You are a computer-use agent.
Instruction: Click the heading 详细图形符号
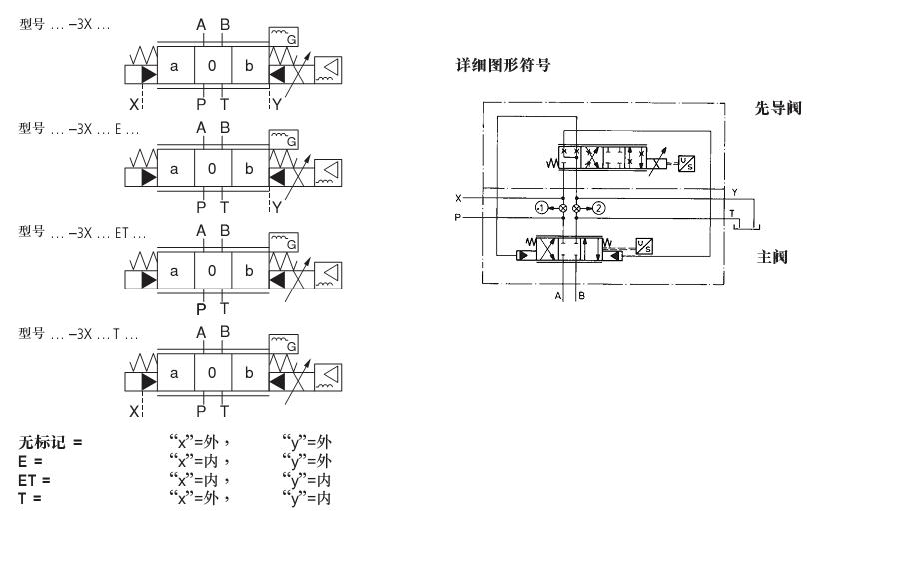pos(503,66)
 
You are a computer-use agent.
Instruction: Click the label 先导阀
pos(778,108)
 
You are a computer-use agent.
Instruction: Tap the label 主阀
pos(773,257)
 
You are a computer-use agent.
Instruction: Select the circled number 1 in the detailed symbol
pos(541,208)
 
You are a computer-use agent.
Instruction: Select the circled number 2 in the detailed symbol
pos(598,208)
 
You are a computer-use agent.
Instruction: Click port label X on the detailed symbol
pos(458,198)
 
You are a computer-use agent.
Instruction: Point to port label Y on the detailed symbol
pos(734,191)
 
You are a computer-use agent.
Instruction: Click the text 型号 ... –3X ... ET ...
pos(82,233)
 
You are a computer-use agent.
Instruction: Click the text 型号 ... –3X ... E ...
pos(79,129)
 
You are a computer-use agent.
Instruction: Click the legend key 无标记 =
pos(50,442)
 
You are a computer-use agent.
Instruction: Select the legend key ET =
pos(34,480)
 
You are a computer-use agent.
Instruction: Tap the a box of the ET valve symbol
pos(175,271)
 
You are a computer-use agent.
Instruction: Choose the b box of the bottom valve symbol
pos(249,373)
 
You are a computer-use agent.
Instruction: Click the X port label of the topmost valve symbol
pos(133,103)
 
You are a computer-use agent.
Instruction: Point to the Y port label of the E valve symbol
pos(276,206)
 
